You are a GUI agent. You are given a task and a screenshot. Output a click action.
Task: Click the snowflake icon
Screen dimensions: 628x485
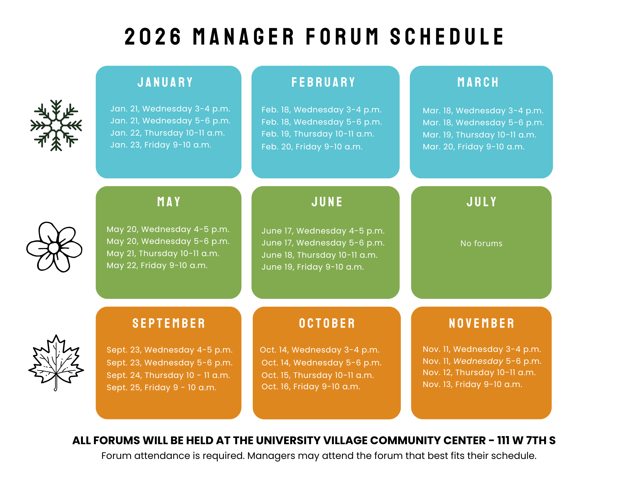[x=56, y=126]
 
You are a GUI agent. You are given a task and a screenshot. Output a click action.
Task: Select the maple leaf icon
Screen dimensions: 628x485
[x=56, y=363]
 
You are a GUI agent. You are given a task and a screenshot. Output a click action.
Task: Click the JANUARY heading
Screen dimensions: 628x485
[x=165, y=82]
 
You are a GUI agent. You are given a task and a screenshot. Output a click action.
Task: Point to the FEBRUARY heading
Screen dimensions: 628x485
[x=323, y=82]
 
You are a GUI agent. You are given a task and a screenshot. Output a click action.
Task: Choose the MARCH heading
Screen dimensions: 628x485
[x=478, y=82]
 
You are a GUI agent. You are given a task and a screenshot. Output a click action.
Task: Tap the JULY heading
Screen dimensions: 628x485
[x=481, y=202]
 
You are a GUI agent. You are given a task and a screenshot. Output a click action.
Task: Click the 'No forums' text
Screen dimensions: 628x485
[x=481, y=243]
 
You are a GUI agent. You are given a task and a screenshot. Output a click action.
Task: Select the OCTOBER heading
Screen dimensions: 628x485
[x=327, y=323]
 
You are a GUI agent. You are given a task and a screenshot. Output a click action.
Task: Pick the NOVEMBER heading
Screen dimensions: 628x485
[x=482, y=323]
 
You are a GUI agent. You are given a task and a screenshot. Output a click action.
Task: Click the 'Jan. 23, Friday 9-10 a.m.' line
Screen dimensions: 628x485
[x=161, y=145]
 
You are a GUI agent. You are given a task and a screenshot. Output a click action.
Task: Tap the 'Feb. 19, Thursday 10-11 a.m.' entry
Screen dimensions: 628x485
[x=318, y=134]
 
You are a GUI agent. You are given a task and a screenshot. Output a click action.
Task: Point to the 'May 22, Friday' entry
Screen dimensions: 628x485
[x=157, y=266]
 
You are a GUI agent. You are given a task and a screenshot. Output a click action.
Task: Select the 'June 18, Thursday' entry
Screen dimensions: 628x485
[x=320, y=255]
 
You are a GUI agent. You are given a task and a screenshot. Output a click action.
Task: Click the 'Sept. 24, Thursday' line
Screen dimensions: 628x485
[x=168, y=375]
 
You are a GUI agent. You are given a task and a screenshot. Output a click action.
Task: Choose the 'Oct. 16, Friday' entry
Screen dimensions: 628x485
[x=311, y=387]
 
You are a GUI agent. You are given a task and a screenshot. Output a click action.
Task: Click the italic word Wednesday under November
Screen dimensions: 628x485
[x=478, y=361]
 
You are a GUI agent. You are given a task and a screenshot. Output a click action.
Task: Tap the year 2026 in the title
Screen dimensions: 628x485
[x=153, y=37]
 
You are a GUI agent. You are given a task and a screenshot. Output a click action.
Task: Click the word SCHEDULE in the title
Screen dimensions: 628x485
[x=447, y=37]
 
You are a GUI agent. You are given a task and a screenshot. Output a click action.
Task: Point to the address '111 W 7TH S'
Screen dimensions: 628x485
[x=526, y=440]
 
